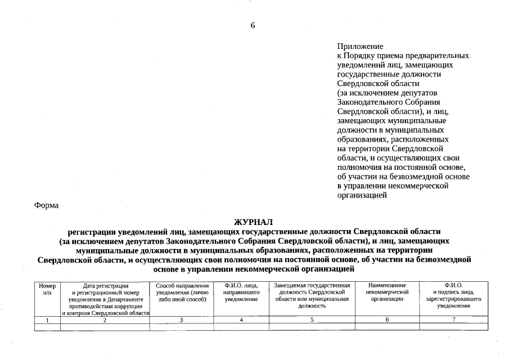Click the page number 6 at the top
click(253, 26)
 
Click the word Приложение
click(360, 46)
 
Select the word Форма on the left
click(46, 205)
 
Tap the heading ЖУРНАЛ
click(253, 222)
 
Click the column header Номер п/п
click(47, 289)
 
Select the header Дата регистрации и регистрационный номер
click(106, 299)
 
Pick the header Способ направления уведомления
click(182, 292)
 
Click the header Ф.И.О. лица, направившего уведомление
click(241, 292)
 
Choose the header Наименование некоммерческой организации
click(387, 292)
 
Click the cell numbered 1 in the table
click(47, 320)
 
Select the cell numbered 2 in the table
click(105, 320)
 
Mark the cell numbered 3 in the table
click(182, 320)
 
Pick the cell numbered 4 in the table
click(241, 320)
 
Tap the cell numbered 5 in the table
click(312, 320)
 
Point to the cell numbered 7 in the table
click(453, 320)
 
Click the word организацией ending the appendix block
click(362, 195)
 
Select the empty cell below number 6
click(387, 327)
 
